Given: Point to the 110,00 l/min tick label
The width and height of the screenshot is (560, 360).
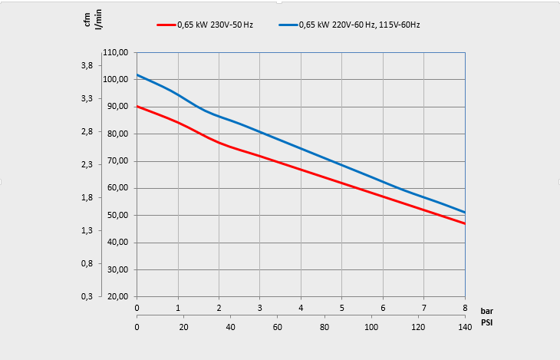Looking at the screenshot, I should click(115, 53).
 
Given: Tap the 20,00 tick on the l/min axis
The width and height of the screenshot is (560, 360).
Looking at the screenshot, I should click(117, 297).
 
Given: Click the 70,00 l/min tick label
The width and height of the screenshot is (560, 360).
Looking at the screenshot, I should click(117, 161).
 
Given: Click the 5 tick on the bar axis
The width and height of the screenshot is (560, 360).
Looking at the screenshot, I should click(342, 309).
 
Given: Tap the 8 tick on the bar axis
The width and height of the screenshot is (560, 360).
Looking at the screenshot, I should click(465, 309).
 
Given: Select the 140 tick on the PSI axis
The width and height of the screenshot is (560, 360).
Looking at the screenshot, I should click(465, 328).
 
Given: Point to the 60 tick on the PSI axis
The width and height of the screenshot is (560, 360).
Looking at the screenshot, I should click(278, 328).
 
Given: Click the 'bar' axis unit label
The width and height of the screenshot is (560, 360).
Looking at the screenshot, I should click(487, 311).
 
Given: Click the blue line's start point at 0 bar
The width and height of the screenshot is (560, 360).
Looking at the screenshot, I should click(137, 74).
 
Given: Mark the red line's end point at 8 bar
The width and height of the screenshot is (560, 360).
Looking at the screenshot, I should click(465, 223).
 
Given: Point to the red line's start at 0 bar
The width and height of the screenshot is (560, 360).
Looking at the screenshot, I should click(137, 106).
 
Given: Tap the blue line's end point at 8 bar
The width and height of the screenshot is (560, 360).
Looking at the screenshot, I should click(465, 213).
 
